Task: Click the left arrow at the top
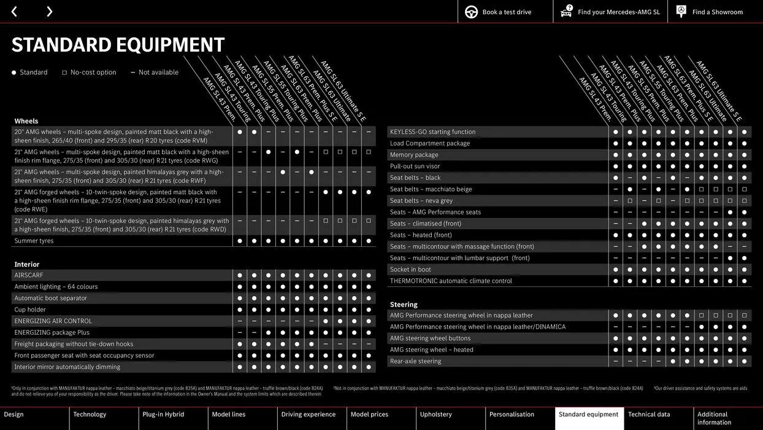coord(14,12)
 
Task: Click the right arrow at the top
coord(49,12)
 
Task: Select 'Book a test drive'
coord(499,12)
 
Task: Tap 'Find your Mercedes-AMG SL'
coord(610,12)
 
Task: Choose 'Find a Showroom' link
coord(710,12)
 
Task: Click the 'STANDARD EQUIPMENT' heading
coord(118,45)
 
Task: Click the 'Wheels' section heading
coord(26,121)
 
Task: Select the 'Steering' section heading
coord(404,305)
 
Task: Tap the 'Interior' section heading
coord(27,265)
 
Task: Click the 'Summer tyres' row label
coord(34,241)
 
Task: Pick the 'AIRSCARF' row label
coord(29,275)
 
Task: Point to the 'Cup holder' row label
coord(30,310)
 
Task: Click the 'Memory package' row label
coord(414,155)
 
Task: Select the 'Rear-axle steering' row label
coord(415,361)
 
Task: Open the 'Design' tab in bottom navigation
coord(14,415)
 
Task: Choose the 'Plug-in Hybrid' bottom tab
coord(163,415)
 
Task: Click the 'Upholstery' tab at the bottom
coord(435,415)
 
